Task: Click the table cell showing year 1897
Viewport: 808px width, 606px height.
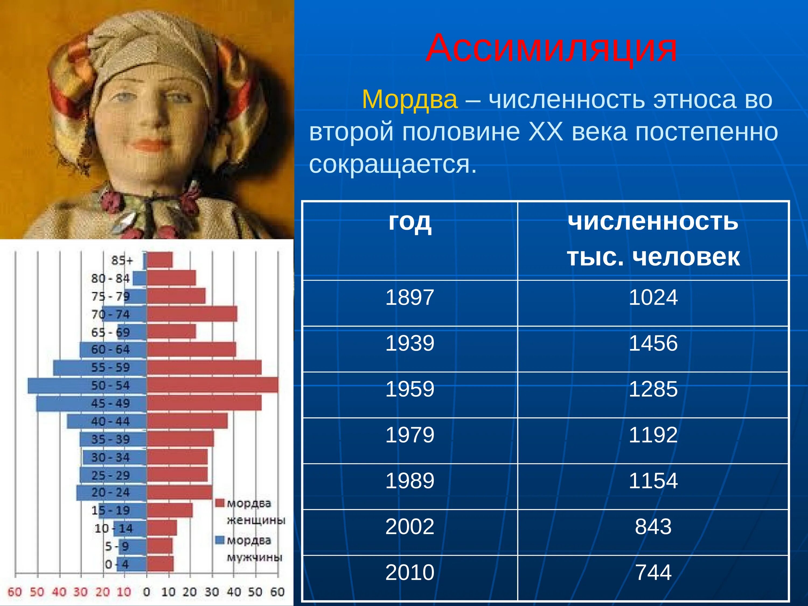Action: (410, 297)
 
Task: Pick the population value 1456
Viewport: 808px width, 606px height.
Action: (653, 343)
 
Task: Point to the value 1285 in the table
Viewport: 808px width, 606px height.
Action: (653, 389)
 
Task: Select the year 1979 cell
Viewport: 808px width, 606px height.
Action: (410, 435)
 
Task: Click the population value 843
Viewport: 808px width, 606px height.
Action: (653, 527)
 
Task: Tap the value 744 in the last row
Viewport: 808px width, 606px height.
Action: (653, 572)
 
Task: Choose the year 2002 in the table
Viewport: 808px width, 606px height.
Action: (410, 527)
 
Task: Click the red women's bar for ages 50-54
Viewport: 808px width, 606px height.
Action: (212, 385)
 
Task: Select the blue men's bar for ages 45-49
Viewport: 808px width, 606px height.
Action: (91, 403)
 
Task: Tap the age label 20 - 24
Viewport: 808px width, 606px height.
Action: (110, 492)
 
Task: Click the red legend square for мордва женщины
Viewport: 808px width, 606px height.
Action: (220, 503)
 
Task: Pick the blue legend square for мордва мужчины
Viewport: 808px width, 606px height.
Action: (220, 540)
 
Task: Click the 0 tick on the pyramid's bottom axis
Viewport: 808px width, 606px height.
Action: (147, 592)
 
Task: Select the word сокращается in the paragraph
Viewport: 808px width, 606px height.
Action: (393, 164)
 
